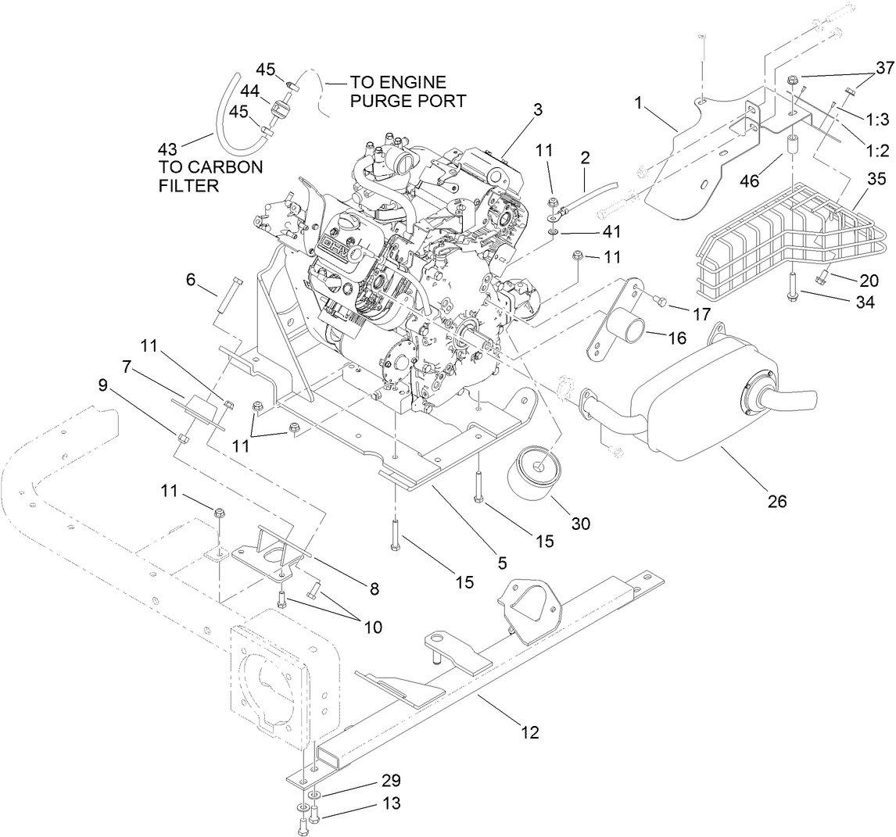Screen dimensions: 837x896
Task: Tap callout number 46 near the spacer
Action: [x=750, y=159]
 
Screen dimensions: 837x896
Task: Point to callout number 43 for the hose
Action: [x=167, y=148]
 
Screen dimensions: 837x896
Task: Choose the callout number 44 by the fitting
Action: [x=249, y=92]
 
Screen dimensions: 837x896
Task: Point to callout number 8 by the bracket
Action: [x=374, y=590]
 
